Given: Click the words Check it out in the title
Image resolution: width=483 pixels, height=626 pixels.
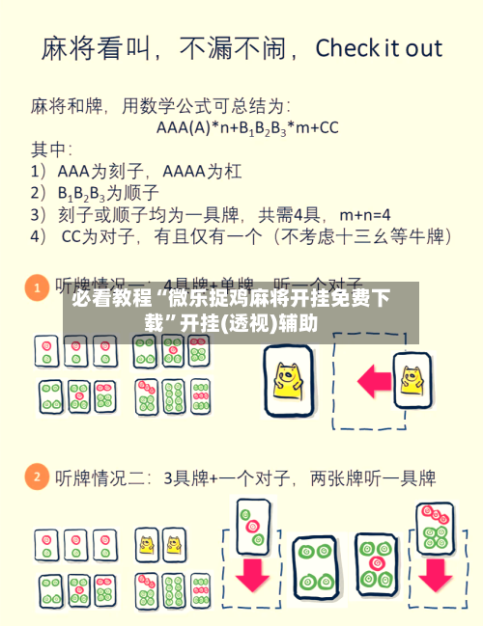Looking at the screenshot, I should (378, 48).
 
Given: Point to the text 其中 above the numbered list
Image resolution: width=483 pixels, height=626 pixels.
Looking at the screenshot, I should (51, 149).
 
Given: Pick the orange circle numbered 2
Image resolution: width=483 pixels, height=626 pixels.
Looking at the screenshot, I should (36, 476).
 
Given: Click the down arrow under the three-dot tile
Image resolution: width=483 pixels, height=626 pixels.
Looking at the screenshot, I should (253, 574).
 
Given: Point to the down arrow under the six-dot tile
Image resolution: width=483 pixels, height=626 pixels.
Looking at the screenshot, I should (434, 574).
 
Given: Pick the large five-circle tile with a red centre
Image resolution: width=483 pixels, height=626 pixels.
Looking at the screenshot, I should (373, 564).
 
